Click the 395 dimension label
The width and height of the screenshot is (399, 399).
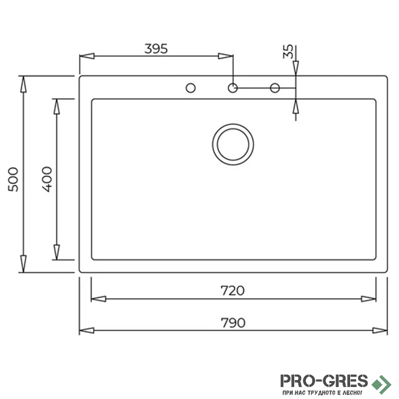156,48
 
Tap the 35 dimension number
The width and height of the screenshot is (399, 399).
288,52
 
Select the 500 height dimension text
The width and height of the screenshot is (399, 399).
13,179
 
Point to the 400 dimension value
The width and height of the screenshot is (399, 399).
47,179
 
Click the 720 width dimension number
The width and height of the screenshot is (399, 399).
232,291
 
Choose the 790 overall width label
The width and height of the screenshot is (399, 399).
233,323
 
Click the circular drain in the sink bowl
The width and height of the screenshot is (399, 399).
233,145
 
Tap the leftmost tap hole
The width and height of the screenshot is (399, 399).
191,88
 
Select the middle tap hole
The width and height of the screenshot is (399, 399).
232,88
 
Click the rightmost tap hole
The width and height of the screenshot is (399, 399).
275,88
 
